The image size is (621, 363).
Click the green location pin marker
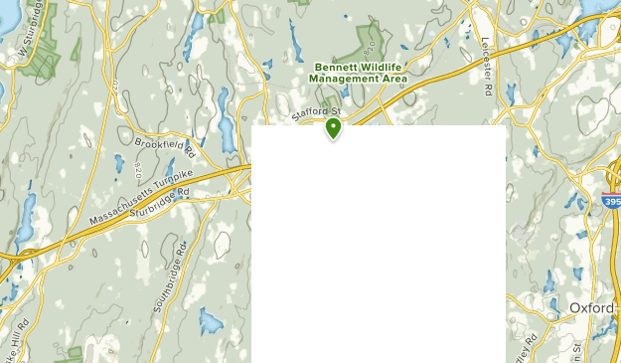(333, 127)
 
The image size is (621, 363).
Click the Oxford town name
(593, 307)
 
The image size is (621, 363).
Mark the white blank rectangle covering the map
(379, 244)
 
